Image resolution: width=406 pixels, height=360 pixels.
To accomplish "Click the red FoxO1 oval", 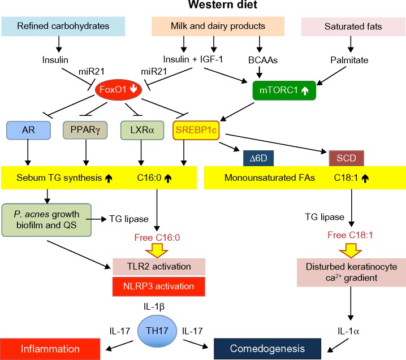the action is (118, 89).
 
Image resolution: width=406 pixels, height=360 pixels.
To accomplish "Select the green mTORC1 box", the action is (284, 90).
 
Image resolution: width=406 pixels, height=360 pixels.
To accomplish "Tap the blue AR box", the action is (28, 130).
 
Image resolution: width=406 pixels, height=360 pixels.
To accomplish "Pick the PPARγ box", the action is (85, 130).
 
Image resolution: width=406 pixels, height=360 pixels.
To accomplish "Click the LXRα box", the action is (142, 130).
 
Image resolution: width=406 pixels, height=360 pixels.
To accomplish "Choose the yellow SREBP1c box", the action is (196, 130).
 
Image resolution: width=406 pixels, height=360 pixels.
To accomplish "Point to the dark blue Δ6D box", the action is (258, 158).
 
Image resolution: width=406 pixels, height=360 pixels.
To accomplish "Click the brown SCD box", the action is (347, 158).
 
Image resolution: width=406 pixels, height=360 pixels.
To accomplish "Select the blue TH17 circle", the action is (157, 331).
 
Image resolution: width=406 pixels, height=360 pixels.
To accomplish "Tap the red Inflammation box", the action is (50, 349).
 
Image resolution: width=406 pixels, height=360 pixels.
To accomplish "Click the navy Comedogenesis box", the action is (267, 349).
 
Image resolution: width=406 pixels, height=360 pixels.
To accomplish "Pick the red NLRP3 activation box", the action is (159, 287).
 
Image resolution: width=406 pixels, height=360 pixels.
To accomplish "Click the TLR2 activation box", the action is (159, 267).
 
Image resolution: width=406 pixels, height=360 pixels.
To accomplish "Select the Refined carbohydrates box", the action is (63, 27).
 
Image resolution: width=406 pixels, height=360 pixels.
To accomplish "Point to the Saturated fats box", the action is (353, 27).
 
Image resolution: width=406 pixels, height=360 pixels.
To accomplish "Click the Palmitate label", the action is (349, 60).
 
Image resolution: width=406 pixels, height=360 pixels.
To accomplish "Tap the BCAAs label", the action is (263, 60).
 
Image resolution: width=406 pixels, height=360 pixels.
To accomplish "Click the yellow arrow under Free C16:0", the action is (157, 250).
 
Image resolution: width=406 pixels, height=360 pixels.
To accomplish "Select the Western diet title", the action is (223, 5).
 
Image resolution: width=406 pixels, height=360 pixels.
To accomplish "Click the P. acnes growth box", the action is (46, 220).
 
